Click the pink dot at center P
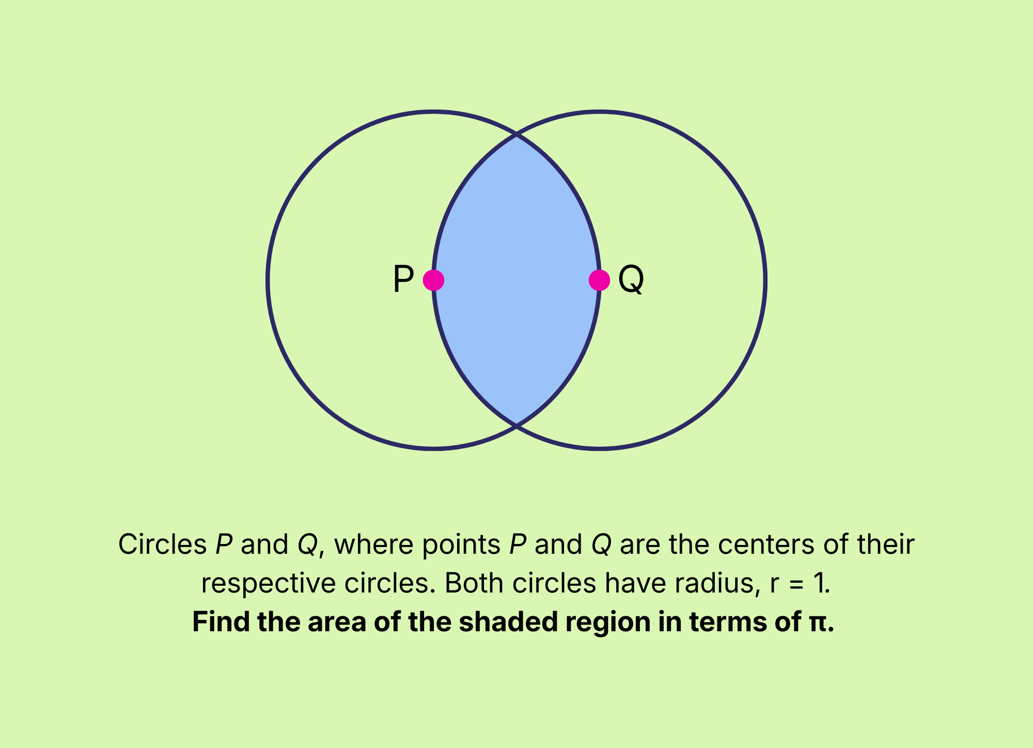433,280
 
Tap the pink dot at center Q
599,280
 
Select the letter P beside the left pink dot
403,279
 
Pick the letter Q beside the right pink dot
631,279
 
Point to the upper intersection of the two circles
516,135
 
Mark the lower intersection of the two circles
516,426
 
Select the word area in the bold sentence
337,621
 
